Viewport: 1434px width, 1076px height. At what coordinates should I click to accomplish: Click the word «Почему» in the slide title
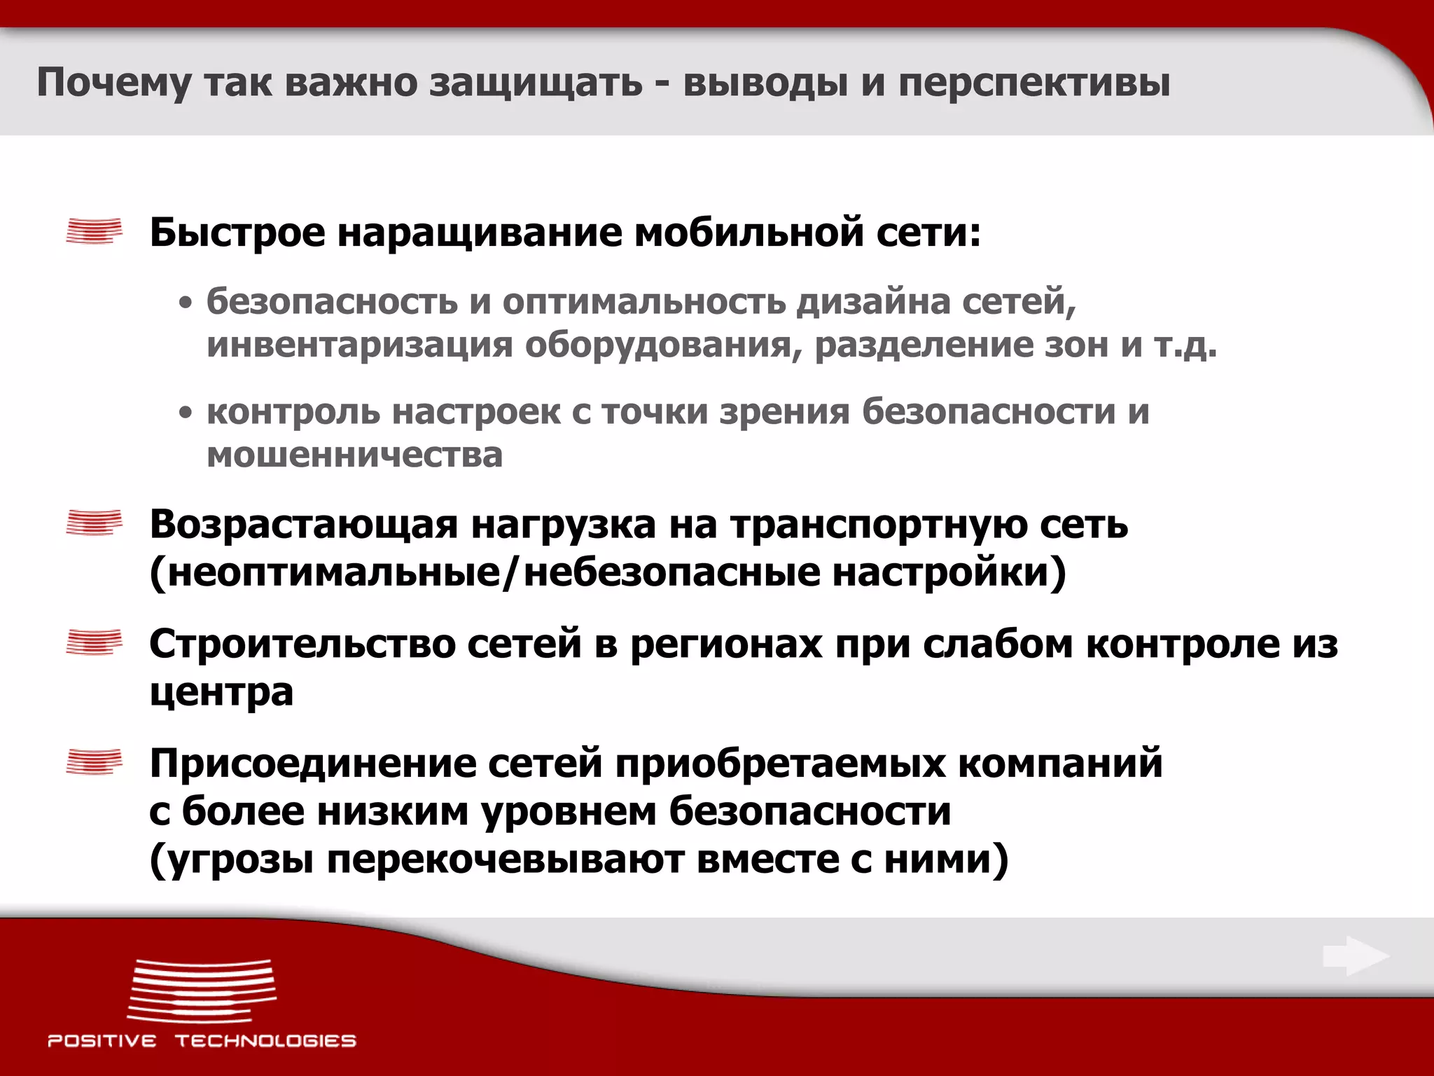click(x=113, y=83)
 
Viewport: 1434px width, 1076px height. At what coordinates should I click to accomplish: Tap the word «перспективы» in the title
click(x=1034, y=83)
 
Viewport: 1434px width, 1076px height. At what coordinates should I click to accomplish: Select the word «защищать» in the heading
click(x=536, y=83)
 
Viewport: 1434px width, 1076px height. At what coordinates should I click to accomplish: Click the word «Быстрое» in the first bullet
click(x=237, y=233)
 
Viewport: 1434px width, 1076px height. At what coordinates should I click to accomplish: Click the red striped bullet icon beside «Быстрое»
click(x=94, y=231)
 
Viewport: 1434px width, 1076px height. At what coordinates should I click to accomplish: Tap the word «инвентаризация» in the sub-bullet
click(x=359, y=345)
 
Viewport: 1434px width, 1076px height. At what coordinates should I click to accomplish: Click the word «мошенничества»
click(x=354, y=455)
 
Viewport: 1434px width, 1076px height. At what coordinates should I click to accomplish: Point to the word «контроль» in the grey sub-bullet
click(x=293, y=411)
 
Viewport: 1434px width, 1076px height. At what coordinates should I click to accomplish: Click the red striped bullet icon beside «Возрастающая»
click(x=94, y=523)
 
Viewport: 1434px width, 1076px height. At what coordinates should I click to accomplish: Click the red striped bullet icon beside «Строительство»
click(x=94, y=642)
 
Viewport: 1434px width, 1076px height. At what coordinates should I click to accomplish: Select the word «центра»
click(x=221, y=693)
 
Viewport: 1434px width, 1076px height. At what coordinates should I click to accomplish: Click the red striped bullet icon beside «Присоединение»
click(x=94, y=761)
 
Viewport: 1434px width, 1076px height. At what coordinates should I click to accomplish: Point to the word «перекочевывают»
click(x=505, y=860)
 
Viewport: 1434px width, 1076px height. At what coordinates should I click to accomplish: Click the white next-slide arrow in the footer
click(x=1356, y=956)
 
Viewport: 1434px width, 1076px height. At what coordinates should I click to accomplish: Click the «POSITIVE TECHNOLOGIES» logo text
click(x=202, y=1040)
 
